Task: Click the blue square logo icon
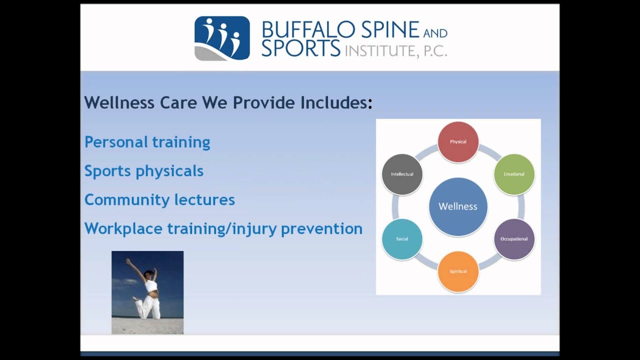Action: click(x=222, y=38)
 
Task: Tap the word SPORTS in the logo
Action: click(x=301, y=48)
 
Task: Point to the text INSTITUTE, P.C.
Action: click(x=396, y=51)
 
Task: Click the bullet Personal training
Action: click(x=147, y=142)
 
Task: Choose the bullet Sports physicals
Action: click(x=144, y=171)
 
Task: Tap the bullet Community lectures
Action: click(x=159, y=199)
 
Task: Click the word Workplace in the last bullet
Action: click(x=123, y=229)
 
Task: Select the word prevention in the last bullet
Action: click(x=321, y=229)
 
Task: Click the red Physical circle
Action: click(x=458, y=142)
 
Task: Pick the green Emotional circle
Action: click(x=514, y=174)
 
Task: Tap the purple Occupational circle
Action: click(x=514, y=239)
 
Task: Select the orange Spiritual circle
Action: click(x=458, y=271)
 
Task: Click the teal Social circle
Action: click(x=402, y=239)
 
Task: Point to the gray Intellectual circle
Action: click(x=402, y=174)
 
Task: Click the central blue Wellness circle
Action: click(x=458, y=207)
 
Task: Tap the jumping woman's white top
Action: click(x=150, y=285)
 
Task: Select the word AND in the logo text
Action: click(x=435, y=33)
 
